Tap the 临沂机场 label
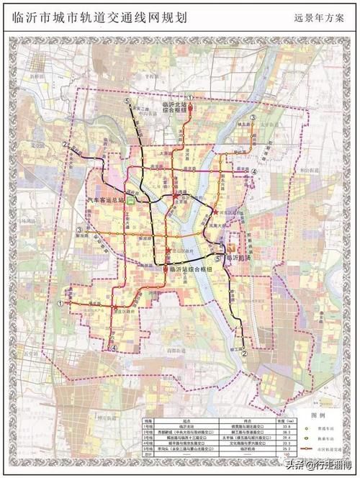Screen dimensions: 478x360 click(241, 257)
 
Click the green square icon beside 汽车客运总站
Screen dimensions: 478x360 click(131, 202)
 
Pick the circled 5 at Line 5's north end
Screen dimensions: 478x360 click(127, 102)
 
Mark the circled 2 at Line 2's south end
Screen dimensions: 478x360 click(245, 353)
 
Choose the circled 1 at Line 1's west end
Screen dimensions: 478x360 click(61, 304)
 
